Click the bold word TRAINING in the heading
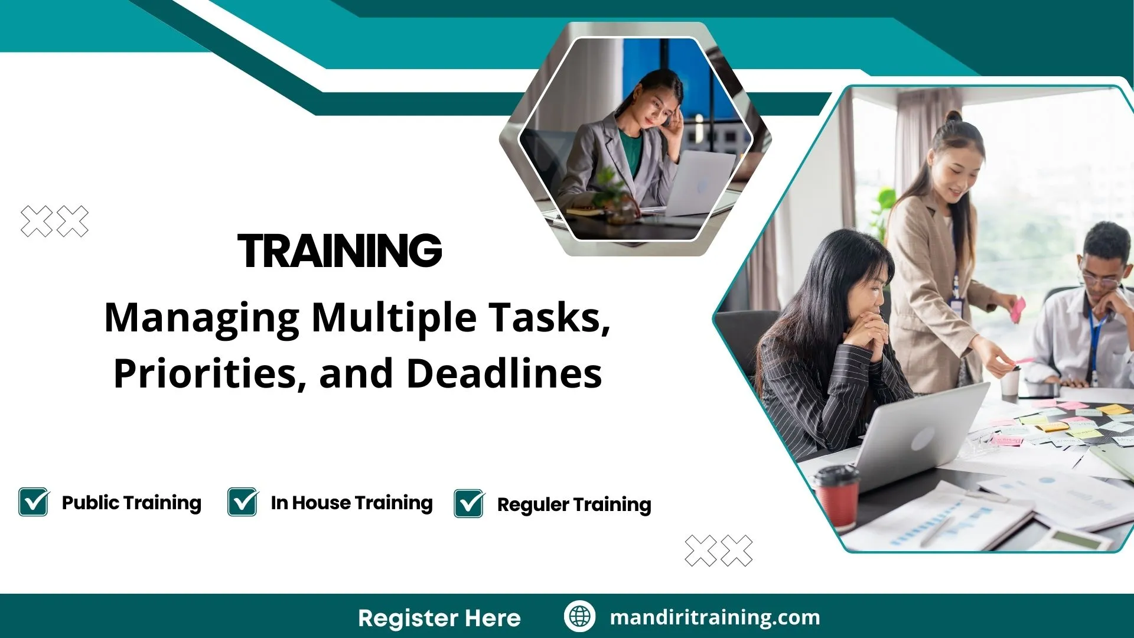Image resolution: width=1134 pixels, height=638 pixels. (340, 250)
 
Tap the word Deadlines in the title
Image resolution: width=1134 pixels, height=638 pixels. (504, 373)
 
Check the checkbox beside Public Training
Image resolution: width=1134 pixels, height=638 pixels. (34, 502)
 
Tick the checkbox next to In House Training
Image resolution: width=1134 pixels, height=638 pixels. (243, 502)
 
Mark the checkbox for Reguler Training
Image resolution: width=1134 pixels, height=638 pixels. (470, 503)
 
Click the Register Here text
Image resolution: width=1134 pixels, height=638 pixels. (439, 618)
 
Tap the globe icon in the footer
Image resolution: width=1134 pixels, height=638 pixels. (579, 616)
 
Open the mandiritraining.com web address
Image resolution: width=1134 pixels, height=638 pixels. (715, 617)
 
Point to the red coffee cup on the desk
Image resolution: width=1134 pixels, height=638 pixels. (836, 496)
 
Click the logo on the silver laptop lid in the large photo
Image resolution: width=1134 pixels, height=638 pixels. (922, 440)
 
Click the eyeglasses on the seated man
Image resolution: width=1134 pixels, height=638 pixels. (1100, 279)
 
